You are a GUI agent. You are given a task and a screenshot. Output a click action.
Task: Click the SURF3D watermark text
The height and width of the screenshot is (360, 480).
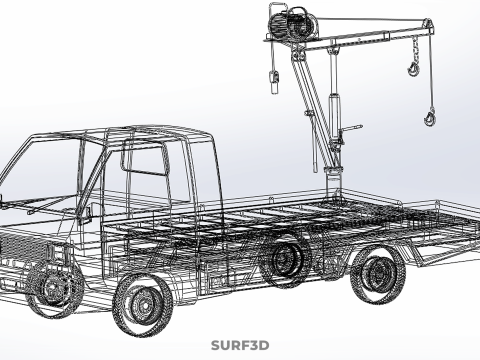point(240,346)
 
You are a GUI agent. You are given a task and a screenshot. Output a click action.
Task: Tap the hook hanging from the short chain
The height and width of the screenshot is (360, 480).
point(414,67)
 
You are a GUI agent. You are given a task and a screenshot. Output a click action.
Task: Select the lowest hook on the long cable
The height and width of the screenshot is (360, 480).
point(430,118)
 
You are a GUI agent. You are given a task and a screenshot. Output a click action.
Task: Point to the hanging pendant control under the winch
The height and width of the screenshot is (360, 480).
point(273,81)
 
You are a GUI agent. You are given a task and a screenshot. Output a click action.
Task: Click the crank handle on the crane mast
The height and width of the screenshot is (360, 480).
point(351,130)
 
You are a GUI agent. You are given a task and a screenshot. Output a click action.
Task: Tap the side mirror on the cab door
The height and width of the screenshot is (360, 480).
point(88,212)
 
